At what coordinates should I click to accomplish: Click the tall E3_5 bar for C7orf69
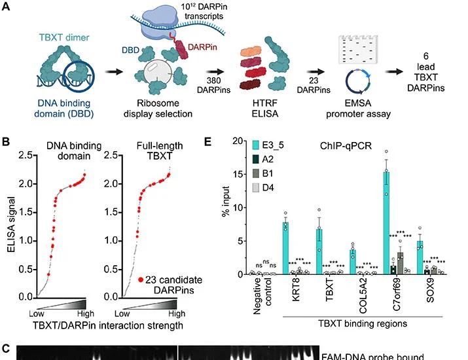coord(386,223)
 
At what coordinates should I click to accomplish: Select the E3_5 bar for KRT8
coord(285,248)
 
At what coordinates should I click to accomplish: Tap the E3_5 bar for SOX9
coord(420,258)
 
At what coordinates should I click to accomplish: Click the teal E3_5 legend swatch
coord(256,145)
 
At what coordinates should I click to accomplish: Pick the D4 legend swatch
coord(256,188)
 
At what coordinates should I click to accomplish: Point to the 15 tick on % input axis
coord(238,174)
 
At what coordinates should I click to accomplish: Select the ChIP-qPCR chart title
coord(346,146)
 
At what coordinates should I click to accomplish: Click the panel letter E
coord(208,141)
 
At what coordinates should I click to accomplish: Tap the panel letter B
coord(6,141)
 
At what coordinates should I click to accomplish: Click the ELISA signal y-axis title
coord(11,225)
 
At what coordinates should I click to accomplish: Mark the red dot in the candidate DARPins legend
coord(141,280)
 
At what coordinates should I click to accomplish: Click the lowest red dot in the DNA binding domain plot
coord(48,274)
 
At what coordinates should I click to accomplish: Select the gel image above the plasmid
coord(358,49)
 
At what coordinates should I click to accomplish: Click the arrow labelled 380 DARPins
coord(215,71)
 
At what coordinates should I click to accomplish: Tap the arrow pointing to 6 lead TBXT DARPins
coord(394,71)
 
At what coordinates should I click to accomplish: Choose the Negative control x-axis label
coord(262,296)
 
